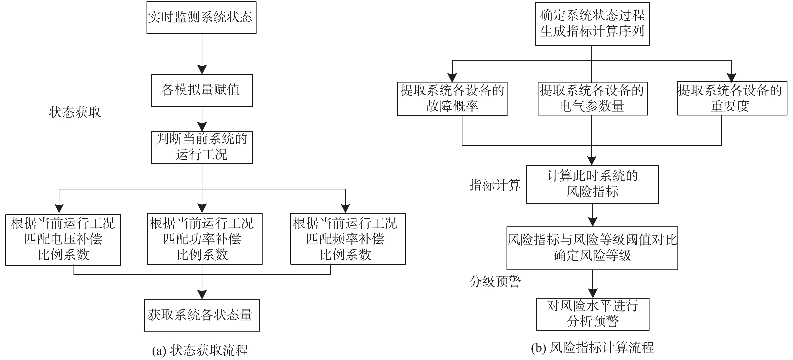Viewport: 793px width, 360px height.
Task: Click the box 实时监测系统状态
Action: point(201,17)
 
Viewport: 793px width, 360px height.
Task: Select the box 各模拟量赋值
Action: point(202,90)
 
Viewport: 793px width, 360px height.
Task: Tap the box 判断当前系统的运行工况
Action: point(202,147)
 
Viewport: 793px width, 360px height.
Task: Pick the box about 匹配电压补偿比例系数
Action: point(63,239)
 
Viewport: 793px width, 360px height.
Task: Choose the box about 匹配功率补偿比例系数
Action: point(205,239)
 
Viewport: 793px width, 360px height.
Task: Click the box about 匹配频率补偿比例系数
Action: point(348,239)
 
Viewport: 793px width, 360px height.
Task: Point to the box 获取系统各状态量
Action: point(202,315)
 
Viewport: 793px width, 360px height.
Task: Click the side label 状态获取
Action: point(75,112)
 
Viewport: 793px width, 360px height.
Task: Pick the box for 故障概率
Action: point(452,98)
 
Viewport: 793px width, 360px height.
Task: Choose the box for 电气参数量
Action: point(592,98)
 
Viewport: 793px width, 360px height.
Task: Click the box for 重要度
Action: point(732,98)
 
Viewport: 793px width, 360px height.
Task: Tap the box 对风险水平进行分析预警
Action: point(592,314)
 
